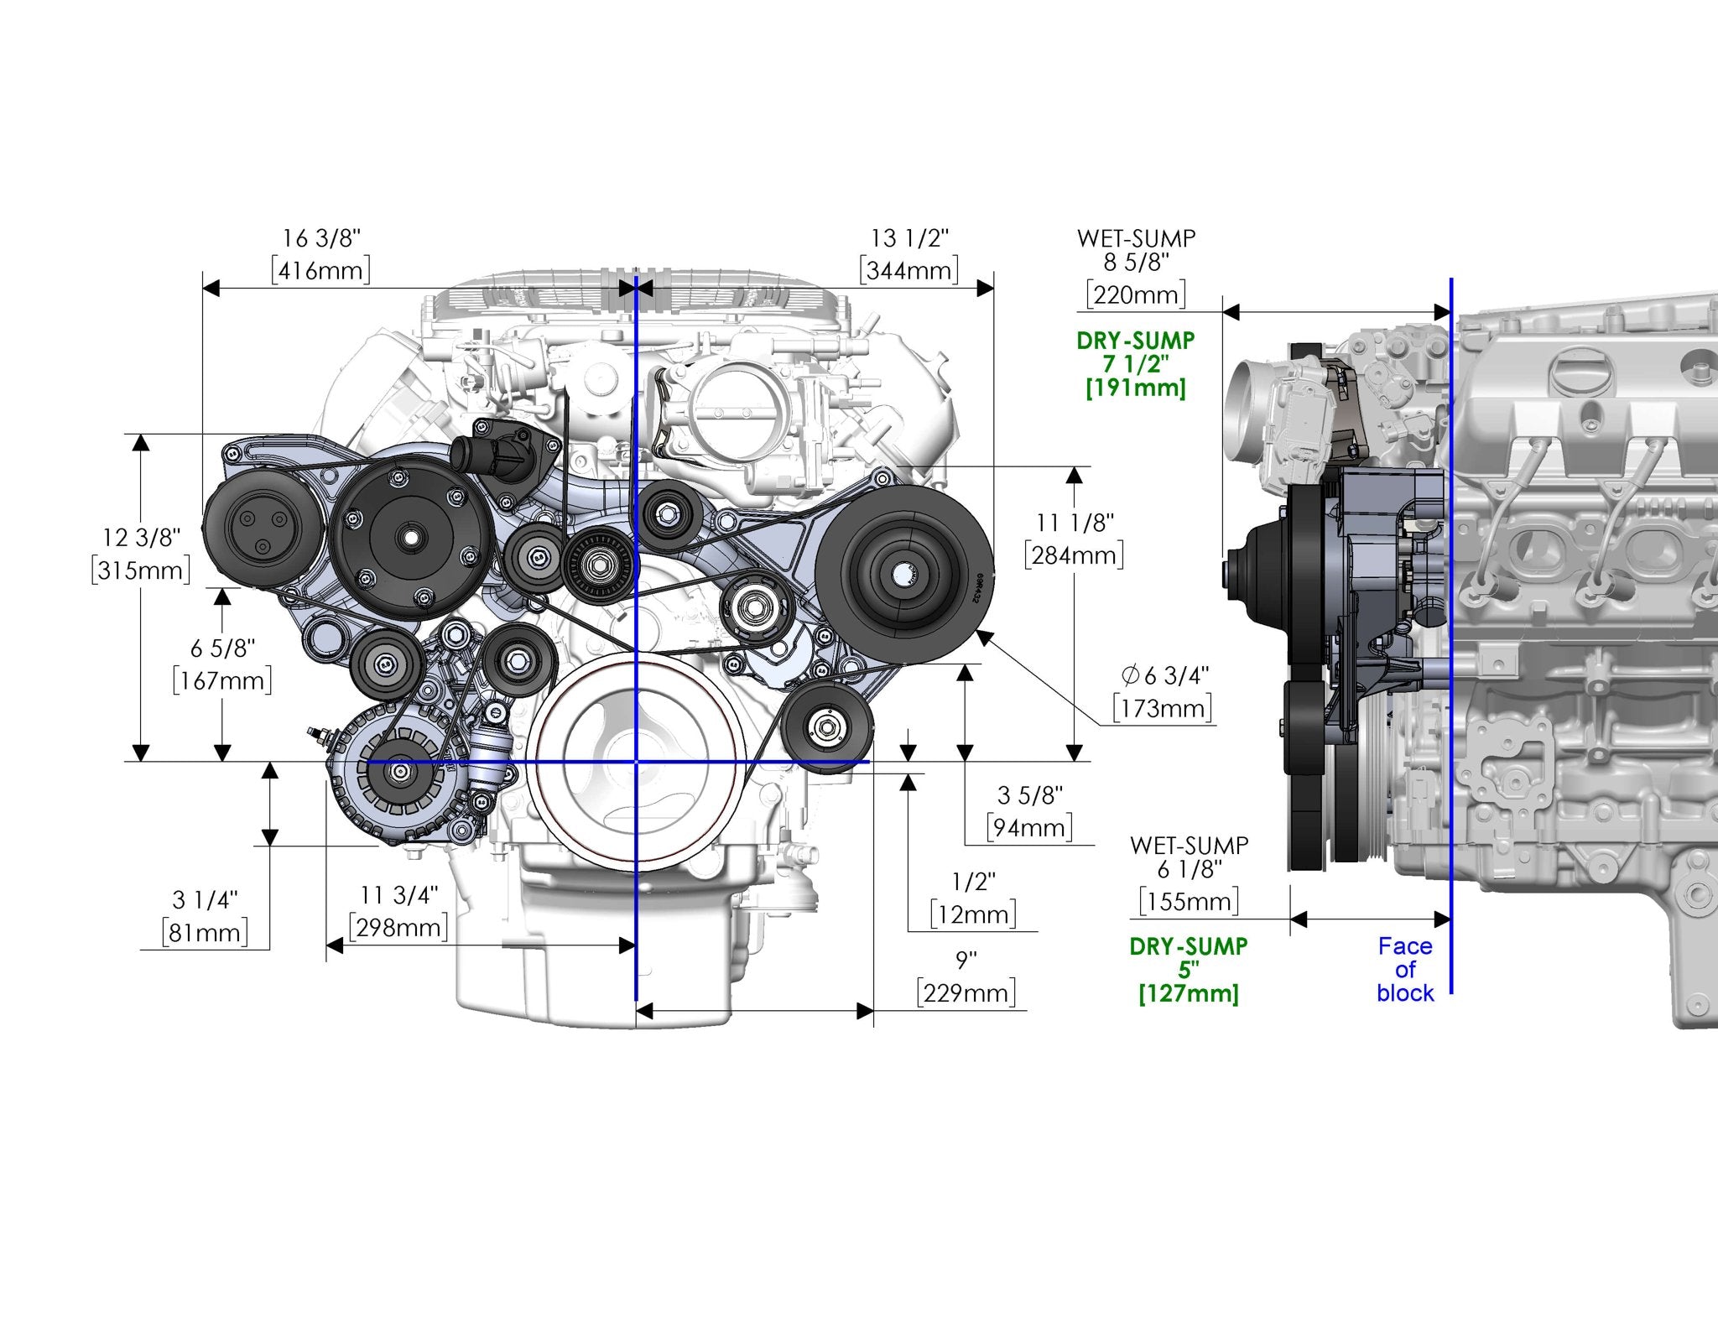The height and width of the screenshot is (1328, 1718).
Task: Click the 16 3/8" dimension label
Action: coord(320,239)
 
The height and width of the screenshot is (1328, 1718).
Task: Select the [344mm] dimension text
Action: coord(909,271)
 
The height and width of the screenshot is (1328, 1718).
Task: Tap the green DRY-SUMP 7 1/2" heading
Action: coord(1135,352)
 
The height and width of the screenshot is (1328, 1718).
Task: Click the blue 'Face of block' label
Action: coord(1405,970)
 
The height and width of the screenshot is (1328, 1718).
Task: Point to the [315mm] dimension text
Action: coord(140,570)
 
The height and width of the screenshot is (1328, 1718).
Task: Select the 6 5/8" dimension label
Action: coord(222,648)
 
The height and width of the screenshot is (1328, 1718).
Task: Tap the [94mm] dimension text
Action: coord(1029,828)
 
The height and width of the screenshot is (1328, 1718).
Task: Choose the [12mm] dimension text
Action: coord(973,914)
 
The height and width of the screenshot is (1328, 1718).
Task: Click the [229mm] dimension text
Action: coord(966,993)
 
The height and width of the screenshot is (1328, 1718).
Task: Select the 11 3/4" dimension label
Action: coord(399,896)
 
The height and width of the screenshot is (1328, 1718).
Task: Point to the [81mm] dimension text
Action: coord(205,933)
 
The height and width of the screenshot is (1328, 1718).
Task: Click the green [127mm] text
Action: coord(1189,994)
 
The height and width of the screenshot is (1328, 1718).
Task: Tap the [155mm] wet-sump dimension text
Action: coord(1189,902)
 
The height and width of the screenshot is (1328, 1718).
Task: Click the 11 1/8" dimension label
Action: coord(1074,523)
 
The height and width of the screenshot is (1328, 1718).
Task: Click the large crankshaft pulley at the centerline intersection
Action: coord(637,762)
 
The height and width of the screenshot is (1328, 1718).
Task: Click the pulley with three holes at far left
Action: coord(253,532)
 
